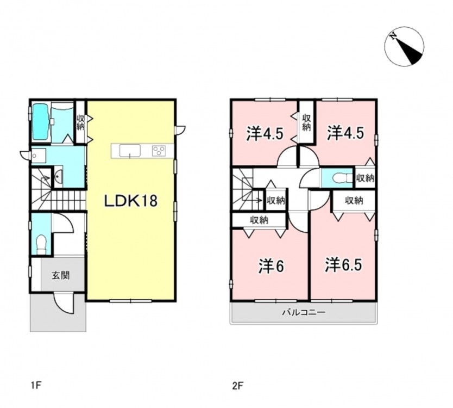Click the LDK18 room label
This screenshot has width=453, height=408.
[130, 201]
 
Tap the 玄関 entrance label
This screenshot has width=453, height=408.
[61, 275]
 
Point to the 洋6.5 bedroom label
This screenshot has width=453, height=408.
[343, 265]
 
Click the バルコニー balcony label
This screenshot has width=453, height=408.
[304, 312]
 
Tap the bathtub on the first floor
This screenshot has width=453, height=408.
[40, 122]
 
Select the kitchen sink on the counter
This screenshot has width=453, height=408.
[130, 151]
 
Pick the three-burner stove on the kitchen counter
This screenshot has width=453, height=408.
[159, 151]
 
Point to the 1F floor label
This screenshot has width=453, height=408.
[37, 386]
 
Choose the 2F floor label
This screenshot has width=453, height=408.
[238, 386]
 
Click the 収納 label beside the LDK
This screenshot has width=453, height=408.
[80, 122]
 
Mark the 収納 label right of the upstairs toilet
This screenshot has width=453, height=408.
[365, 178]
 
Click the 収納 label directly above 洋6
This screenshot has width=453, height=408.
[259, 220]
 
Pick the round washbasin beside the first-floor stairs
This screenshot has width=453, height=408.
[58, 176]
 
